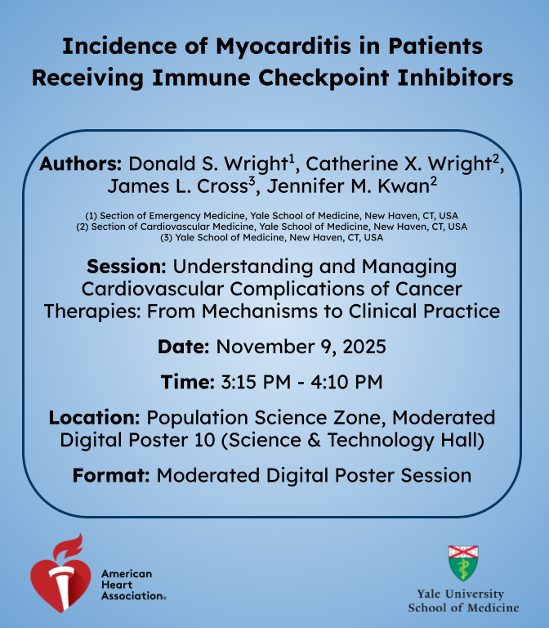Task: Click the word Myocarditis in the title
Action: pos(283,47)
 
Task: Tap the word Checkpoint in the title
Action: pos(324,78)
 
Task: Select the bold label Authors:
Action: pos(80,164)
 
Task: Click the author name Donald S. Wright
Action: pos(208,164)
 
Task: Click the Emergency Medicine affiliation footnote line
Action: pos(272,216)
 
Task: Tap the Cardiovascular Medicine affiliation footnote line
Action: pos(272,227)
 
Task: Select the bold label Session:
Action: pos(127,267)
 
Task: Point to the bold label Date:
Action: pos(183,347)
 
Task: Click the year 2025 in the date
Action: pos(364,347)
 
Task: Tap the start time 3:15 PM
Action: pos(256,382)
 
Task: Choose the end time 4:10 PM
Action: pos(346,382)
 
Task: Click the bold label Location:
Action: pos(94,417)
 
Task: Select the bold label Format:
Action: pos(111,475)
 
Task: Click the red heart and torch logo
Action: pos(61,572)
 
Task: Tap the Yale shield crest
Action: pos(463,563)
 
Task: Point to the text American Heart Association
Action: pos(133,585)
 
